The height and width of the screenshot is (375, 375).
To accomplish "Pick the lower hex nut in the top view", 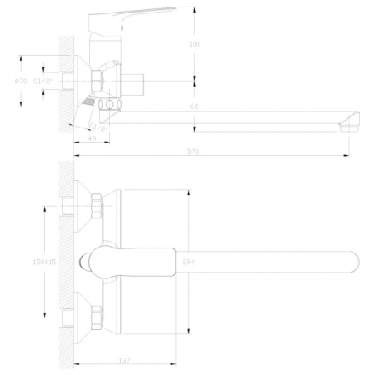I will coord(97,317).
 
